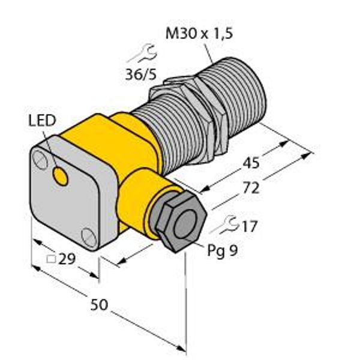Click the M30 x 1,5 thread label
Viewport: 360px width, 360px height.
199,34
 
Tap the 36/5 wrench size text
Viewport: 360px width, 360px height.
141,74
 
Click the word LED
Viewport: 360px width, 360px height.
42,121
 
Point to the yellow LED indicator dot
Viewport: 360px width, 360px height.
60,176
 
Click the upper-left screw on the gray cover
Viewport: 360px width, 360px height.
40,160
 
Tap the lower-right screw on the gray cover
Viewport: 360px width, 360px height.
89,238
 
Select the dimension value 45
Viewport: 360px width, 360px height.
251,163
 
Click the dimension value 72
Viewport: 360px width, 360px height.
251,188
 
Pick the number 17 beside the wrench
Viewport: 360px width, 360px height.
250,226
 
